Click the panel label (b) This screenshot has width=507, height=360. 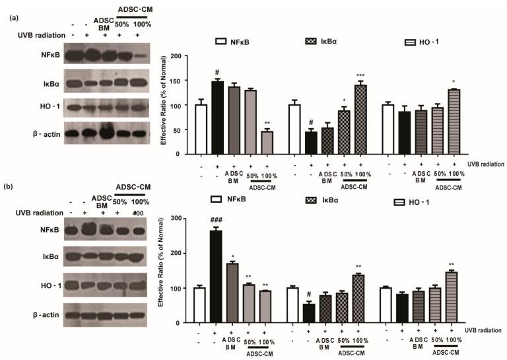[x=12, y=188]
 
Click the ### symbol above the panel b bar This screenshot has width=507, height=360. [x=216, y=223]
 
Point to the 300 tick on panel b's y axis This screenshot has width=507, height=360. [x=177, y=218]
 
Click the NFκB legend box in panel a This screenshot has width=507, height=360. [x=222, y=42]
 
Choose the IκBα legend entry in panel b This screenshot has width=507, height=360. [x=315, y=199]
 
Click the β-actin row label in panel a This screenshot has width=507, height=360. [x=27, y=132]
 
